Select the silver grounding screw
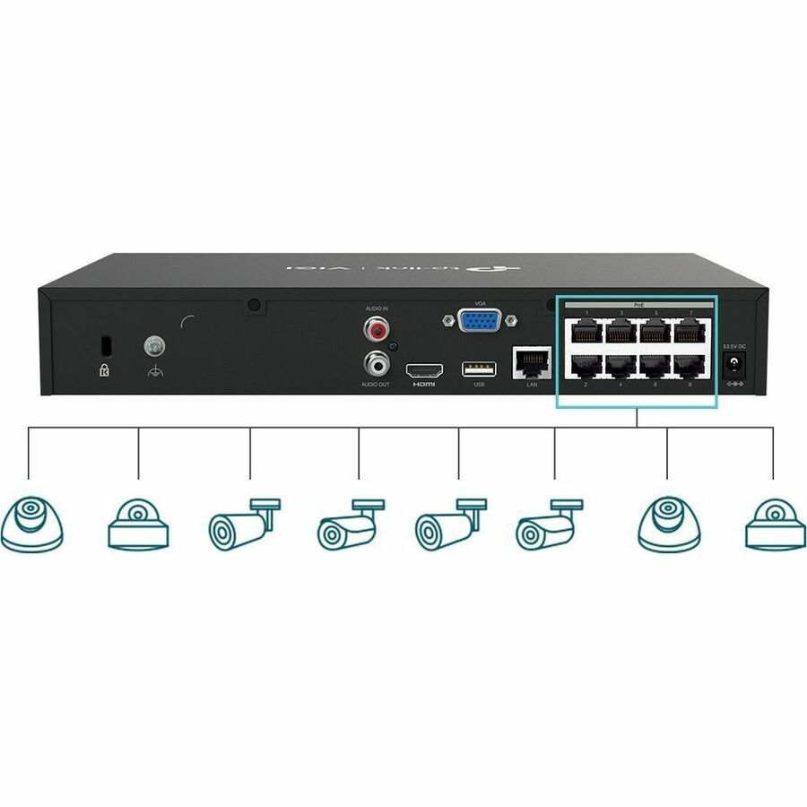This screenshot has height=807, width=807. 152,344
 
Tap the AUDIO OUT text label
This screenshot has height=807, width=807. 377,385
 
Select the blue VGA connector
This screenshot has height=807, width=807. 480,320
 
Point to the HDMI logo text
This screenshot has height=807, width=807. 423,385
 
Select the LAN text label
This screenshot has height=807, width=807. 532,384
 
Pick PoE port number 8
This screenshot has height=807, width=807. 690,367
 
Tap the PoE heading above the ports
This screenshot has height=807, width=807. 638,306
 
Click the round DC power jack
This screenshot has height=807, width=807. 735,364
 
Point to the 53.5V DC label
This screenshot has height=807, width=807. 735,344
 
